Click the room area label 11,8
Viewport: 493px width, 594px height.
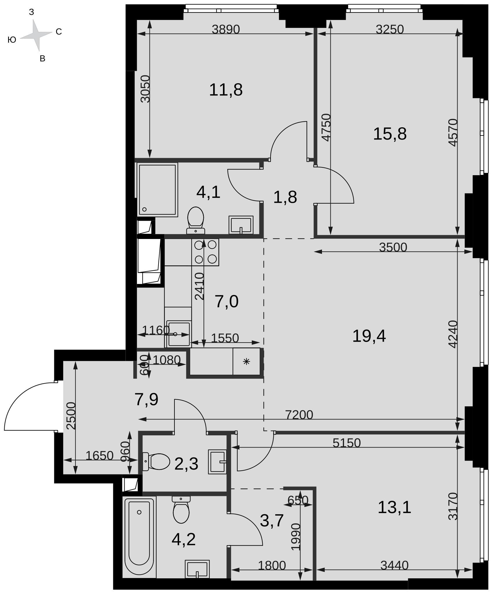pyautogui.click(x=226, y=90)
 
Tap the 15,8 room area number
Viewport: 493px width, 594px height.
pyautogui.click(x=390, y=134)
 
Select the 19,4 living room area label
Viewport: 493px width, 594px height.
pyautogui.click(x=369, y=336)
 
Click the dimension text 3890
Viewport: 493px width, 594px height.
pyautogui.click(x=226, y=29)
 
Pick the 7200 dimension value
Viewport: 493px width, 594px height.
pyautogui.click(x=299, y=415)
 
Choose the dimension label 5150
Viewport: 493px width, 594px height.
pyautogui.click(x=346, y=443)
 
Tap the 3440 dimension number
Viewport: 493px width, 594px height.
pyautogui.click(x=394, y=565)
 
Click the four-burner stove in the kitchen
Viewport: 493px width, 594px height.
pyautogui.click(x=205, y=252)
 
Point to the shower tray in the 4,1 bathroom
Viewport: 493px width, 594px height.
pyautogui.click(x=157, y=190)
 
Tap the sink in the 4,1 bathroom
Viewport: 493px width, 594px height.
pyautogui.click(x=241, y=225)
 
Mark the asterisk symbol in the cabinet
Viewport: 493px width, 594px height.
pyautogui.click(x=246, y=361)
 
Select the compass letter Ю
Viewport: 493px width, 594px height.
pyautogui.click(x=12, y=40)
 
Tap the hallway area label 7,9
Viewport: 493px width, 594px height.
pyautogui.click(x=146, y=399)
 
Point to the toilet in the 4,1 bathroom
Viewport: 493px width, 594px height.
pyautogui.click(x=196, y=220)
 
